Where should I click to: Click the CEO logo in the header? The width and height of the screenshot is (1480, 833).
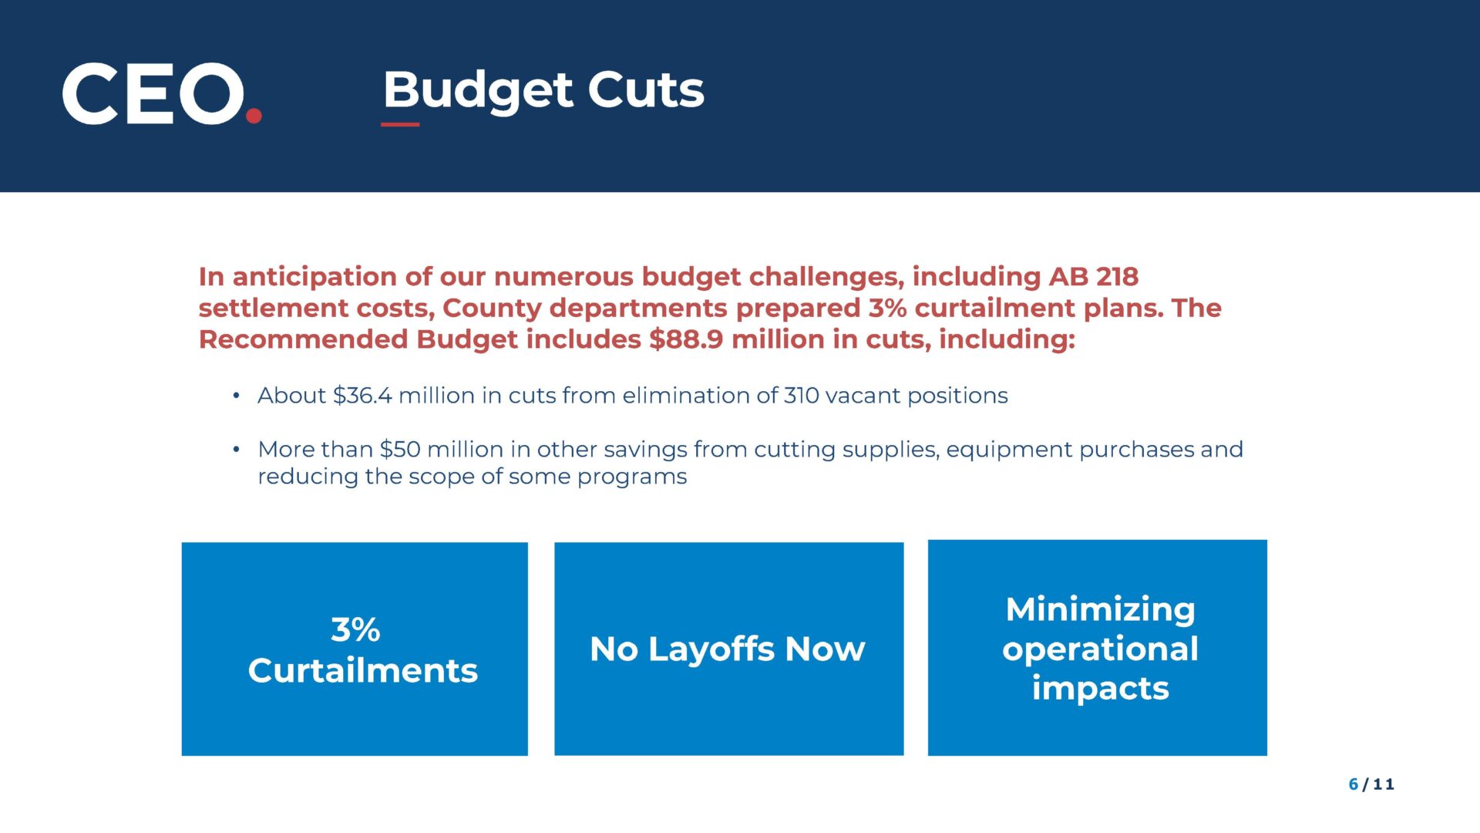pos(162,93)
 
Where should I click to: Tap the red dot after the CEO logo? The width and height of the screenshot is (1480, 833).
pos(254,116)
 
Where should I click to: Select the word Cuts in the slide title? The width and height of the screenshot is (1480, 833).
pos(646,89)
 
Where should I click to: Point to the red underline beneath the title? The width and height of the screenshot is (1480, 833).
pos(400,123)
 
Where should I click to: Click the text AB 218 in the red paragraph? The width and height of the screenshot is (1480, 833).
pos(1093,276)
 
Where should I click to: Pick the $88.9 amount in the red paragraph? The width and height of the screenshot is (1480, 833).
pos(686,339)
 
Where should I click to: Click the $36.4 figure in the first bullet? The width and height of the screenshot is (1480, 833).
pos(362,395)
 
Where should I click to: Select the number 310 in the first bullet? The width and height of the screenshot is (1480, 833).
pos(802,395)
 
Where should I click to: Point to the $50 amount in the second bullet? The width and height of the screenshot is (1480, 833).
pos(400,449)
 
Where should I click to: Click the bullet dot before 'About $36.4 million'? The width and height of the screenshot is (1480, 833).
pos(237,396)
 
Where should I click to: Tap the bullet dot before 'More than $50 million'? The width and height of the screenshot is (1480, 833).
pos(237,450)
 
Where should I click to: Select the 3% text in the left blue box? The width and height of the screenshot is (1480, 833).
pos(355,629)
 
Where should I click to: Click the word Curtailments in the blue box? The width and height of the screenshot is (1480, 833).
pos(363,670)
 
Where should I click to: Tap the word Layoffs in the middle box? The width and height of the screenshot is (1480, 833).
pos(712,649)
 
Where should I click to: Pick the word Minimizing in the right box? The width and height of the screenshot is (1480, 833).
pos(1101,609)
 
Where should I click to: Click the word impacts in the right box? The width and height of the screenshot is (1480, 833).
pos(1101,689)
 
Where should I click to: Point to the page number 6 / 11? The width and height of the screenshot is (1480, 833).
pos(1371,784)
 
